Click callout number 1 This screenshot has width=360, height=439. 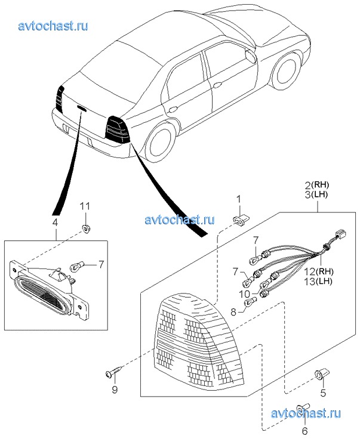pyautogui.click(x=238, y=199)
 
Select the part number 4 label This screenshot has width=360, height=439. pyautogui.click(x=55, y=222)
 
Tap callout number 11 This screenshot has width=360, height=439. pyautogui.click(x=85, y=206)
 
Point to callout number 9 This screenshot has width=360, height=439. pyautogui.click(x=115, y=390)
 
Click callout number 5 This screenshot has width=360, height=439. pyautogui.click(x=323, y=393)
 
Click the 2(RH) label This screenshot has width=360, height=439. pyautogui.click(x=316, y=184)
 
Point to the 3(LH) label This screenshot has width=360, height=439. pyautogui.click(x=316, y=194)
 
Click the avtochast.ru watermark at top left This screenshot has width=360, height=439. pyautogui.click(x=54, y=26)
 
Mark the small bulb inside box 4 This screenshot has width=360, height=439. pyautogui.click(x=76, y=266)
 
